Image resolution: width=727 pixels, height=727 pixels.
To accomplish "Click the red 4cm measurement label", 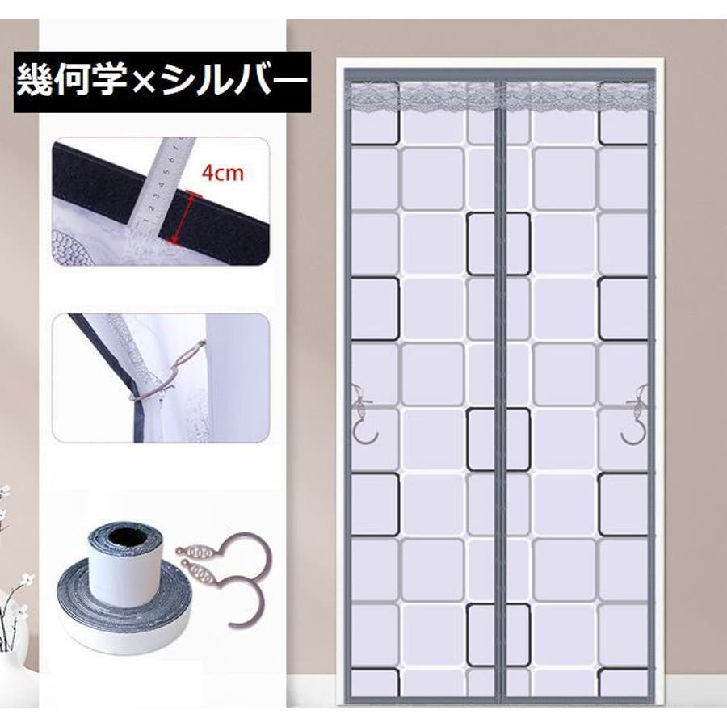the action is point(223,173).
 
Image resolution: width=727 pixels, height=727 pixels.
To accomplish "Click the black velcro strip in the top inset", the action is point(162,204).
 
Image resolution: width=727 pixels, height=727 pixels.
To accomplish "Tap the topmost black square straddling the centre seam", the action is point(498,243).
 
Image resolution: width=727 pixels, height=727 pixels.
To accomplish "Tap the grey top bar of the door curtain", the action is point(499,75).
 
